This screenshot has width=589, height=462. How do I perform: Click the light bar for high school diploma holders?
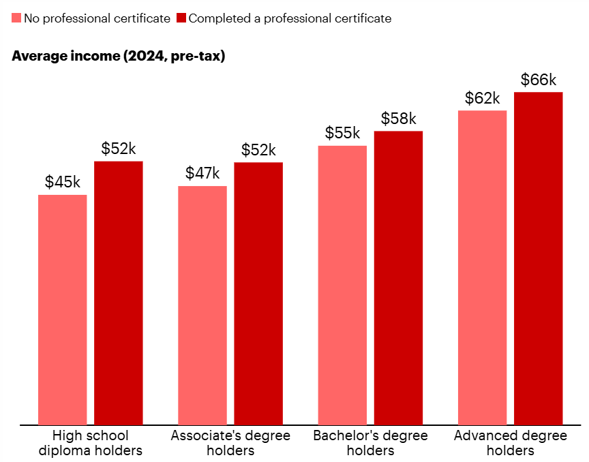(x=63, y=309)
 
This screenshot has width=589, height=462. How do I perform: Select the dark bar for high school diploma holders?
(x=119, y=293)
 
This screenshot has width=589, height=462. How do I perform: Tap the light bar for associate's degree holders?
(x=202, y=305)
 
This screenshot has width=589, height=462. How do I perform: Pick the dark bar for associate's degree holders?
(x=258, y=293)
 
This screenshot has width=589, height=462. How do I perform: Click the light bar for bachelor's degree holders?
(x=343, y=285)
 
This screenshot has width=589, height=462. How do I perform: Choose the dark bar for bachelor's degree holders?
(x=399, y=277)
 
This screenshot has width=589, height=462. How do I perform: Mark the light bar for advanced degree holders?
(x=483, y=267)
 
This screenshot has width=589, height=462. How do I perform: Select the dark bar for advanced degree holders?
(x=539, y=258)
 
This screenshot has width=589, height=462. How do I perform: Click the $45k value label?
(x=63, y=182)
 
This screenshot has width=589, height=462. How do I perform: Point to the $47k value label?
(x=202, y=173)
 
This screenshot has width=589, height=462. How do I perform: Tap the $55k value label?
(x=343, y=133)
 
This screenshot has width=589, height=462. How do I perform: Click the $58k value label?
(x=399, y=119)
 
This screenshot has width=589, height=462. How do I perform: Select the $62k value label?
(x=483, y=98)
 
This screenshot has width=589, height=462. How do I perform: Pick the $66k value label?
(x=539, y=80)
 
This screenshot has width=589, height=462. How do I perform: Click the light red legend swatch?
(x=16, y=18)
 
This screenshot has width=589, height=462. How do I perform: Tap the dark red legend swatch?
(x=181, y=18)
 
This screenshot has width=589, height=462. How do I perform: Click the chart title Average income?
(x=119, y=56)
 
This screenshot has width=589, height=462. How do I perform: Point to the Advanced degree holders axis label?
(x=511, y=443)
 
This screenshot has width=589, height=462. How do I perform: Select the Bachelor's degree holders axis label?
(x=370, y=443)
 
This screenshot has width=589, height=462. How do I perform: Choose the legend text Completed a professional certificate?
(x=290, y=18)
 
